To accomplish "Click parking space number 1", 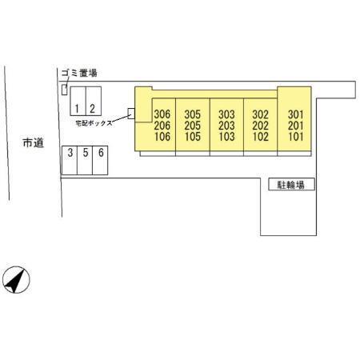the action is point(78,101).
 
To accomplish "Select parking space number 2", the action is point(94,101).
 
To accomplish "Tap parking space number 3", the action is point(70,160).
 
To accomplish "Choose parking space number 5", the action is point(85,160).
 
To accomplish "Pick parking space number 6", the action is point(100,160).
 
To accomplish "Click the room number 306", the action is point(162,114).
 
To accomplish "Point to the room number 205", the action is point(193,126).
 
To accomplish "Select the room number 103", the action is point(226,137).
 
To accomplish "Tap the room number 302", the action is point(261,114).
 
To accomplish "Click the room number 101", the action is point(296,137).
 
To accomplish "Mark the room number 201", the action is point(296,126).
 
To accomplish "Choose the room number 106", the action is point(162,137).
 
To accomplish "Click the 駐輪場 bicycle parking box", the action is point(291,184).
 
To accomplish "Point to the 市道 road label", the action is point(34,142).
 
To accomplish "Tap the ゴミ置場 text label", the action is point(79,73).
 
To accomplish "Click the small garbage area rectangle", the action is point(64,90).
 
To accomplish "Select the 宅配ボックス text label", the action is point(94,123).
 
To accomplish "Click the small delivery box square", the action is point(131,114).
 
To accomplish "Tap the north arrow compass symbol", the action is point(16,280).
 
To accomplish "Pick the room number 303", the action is point(226,114).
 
